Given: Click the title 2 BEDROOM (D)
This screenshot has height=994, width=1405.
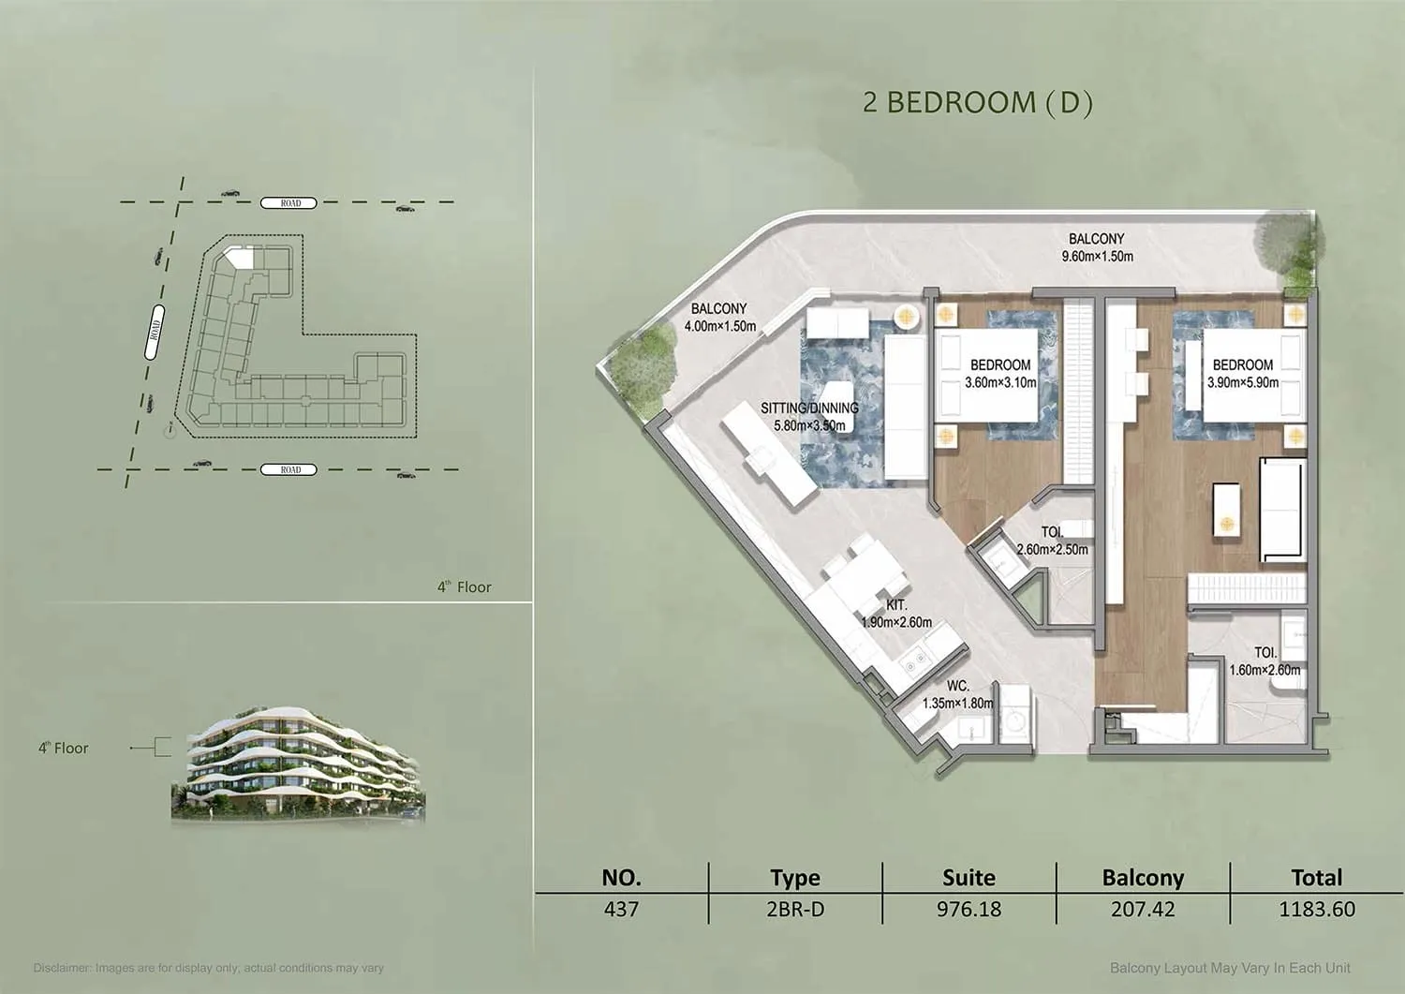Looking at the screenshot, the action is point(978,103).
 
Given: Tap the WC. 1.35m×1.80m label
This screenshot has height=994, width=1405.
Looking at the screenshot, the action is point(958,695).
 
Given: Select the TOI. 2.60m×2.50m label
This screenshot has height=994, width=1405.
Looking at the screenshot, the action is point(1053,541).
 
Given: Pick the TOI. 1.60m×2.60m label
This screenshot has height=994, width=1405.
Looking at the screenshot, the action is point(1264,661).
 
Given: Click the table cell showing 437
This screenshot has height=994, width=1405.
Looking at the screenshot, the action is point(621,909).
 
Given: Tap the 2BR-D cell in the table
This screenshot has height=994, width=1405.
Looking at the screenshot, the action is point(795,909).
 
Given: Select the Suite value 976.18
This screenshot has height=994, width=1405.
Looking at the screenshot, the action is point(969,909).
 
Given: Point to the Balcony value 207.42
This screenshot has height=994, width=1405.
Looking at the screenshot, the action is point(1143,909).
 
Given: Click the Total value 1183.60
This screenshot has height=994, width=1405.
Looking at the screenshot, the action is point(1317,909).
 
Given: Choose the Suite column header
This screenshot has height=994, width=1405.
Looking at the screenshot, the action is point(969,877).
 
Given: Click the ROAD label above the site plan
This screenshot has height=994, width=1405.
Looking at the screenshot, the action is point(288,202).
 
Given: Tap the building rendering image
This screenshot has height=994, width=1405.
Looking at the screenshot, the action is point(299,764).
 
